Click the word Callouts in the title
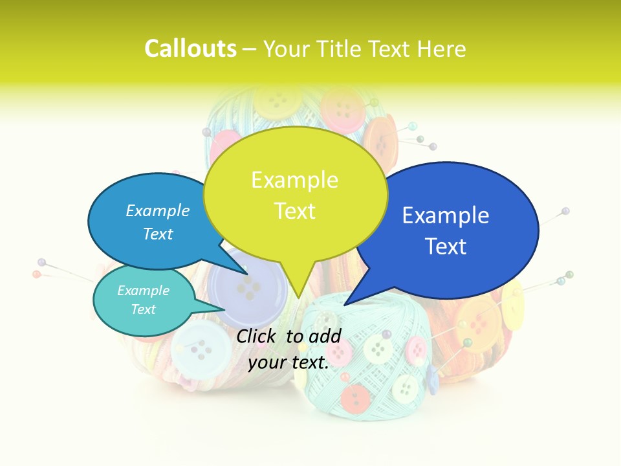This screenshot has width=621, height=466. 190,49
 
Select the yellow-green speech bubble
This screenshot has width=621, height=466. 295,194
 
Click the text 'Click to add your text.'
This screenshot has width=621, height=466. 289,349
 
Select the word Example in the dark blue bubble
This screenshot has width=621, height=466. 446,216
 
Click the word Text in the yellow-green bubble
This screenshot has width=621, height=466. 295,211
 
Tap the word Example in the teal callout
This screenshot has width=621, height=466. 144,291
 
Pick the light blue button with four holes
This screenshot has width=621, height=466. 201,347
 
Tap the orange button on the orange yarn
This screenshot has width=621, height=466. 479,316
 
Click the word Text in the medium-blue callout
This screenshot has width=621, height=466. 158,234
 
